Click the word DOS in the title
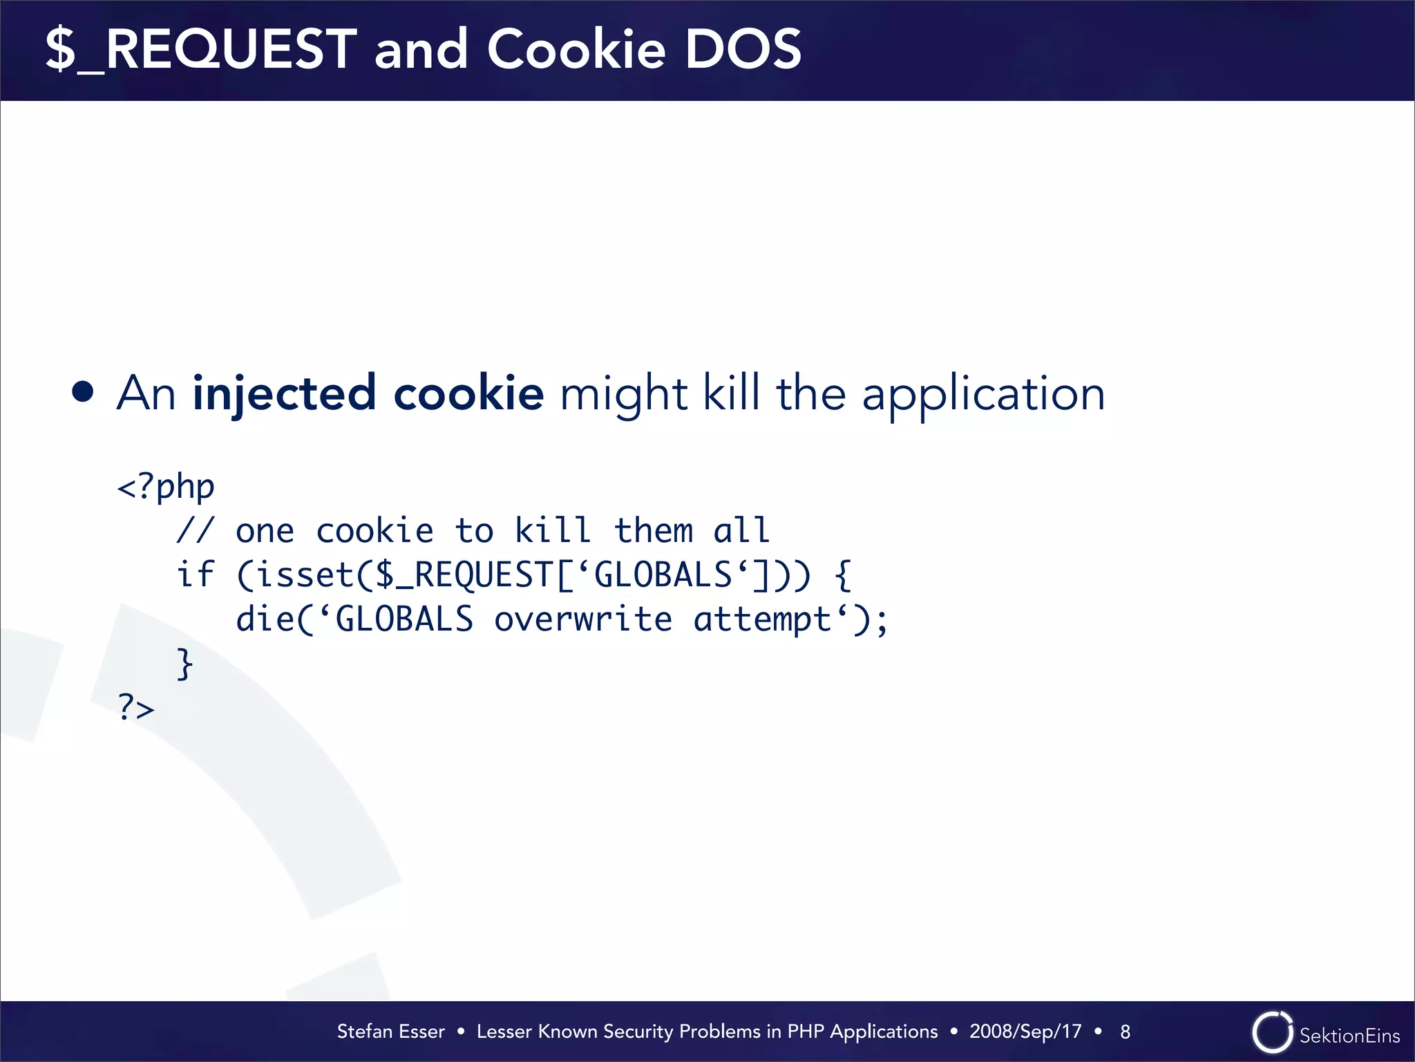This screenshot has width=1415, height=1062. click(x=743, y=50)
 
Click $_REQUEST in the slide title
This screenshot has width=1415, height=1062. click(x=201, y=50)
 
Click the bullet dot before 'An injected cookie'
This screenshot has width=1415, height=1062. click(x=83, y=392)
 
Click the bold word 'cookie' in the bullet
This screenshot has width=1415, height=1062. click(x=468, y=393)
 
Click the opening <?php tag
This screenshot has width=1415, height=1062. click(x=167, y=487)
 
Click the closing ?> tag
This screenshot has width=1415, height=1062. click(x=136, y=707)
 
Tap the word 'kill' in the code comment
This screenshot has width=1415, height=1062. click(x=553, y=531)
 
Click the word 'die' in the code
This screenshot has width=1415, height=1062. click(x=265, y=619)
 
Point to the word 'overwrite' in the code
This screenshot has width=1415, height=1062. click(x=583, y=619)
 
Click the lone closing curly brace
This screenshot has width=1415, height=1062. click(x=184, y=664)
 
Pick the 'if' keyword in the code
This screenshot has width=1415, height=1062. click(x=196, y=575)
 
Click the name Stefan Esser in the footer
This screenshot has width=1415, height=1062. click(x=390, y=1032)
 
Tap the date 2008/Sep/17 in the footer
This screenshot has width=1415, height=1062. click(x=1025, y=1032)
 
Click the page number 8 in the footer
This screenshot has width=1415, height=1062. click(x=1125, y=1032)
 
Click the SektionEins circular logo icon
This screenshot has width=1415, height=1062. click(x=1272, y=1032)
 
